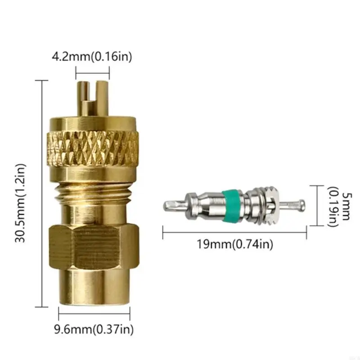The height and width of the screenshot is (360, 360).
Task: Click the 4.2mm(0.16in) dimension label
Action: (92, 58)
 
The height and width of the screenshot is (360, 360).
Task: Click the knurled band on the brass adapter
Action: (93, 148)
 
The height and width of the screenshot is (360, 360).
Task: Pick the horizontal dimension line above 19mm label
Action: (234, 232)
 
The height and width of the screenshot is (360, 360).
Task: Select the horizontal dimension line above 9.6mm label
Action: (94, 312)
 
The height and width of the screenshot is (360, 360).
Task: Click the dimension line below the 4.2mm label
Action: (92, 72)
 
